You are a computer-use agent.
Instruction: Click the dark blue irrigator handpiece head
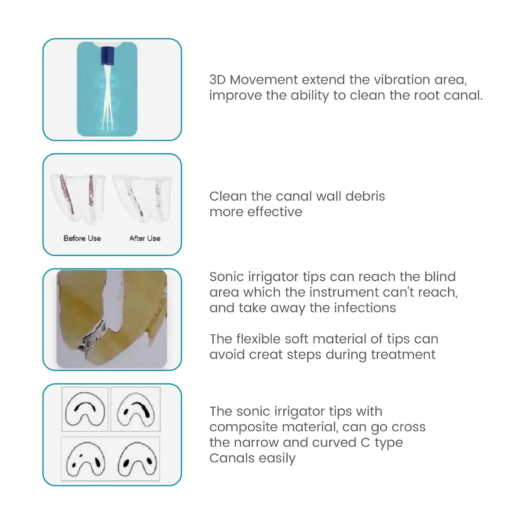[106, 55]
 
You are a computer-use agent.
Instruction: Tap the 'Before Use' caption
[82, 238]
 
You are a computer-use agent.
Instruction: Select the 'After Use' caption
[145, 238]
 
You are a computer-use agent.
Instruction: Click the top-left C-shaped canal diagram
[85, 409]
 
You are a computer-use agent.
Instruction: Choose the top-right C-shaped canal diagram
[136, 409]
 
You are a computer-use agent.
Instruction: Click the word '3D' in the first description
[218, 80]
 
